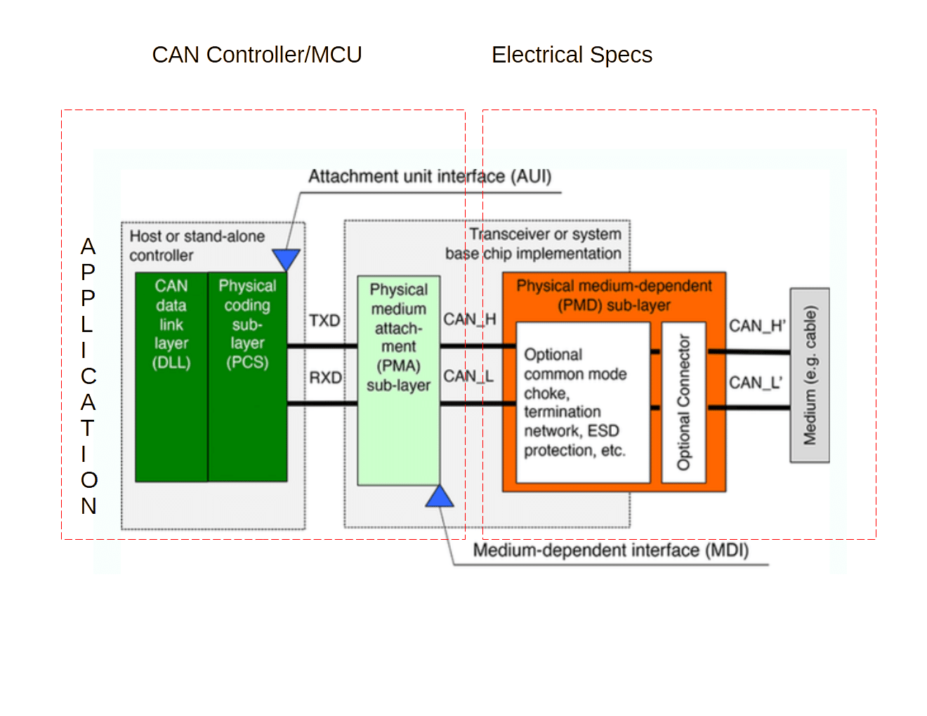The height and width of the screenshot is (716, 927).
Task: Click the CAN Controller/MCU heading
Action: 257,55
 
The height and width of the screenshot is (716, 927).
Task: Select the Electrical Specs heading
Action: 572,55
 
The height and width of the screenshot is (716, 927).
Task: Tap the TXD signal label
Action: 324,320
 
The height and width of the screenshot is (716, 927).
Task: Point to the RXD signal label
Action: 325,378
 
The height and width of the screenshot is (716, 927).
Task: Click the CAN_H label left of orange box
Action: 469,319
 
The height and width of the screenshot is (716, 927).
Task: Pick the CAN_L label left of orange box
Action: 468,376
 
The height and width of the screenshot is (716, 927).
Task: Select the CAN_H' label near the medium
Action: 757,326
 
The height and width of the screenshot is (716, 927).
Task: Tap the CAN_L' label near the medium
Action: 755,383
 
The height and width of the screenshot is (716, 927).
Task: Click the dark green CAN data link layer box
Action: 171,377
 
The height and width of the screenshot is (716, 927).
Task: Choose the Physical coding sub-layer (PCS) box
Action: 247,377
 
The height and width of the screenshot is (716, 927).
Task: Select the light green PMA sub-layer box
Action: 398,380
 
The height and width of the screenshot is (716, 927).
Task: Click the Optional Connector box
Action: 683,402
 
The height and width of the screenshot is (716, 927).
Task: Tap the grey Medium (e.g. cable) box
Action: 810,376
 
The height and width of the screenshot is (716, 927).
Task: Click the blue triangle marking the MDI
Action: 440,496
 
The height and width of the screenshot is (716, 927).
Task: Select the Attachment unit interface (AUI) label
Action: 430,177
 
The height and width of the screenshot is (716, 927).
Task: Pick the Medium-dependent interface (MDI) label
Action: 611,550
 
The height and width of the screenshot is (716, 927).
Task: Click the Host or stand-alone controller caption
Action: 197,246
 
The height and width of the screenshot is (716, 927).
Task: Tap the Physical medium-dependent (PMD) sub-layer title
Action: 614,295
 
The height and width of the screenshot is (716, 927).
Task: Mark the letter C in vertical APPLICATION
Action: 88,376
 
